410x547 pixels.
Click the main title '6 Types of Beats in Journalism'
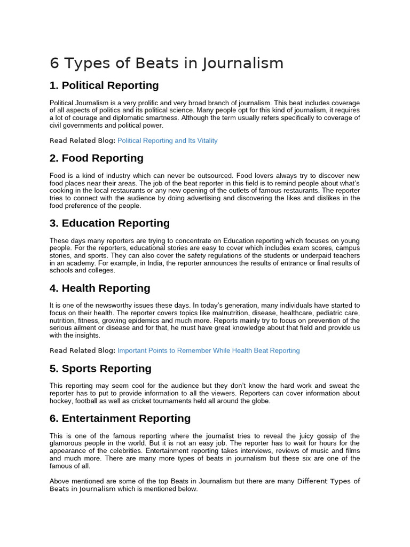tap(167, 64)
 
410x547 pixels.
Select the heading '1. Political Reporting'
tap(104, 85)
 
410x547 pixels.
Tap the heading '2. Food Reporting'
tap(97, 158)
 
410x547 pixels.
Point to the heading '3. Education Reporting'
tap(109, 223)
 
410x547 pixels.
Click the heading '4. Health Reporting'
tap(100, 288)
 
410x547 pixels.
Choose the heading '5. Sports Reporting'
tap(100, 369)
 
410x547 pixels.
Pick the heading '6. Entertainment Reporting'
tap(120, 418)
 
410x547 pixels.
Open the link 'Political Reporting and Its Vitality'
tap(167, 140)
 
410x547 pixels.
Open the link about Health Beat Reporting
tap(208, 350)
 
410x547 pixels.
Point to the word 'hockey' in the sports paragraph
tap(60, 401)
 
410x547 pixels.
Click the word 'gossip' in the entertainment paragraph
tap(321, 436)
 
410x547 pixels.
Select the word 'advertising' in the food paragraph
tap(207, 198)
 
